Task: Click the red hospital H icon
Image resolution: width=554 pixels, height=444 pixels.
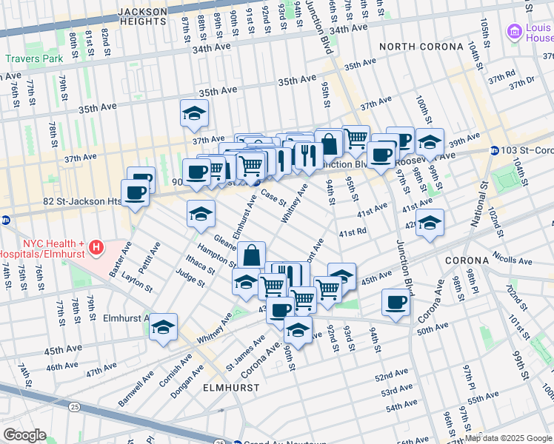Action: click(95, 246)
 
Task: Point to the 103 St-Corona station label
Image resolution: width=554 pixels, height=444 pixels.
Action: click(527, 150)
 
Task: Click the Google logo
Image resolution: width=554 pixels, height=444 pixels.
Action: click(24, 435)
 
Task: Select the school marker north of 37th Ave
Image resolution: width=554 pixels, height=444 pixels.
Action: click(194, 113)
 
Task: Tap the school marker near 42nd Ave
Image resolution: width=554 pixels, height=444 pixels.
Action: click(430, 222)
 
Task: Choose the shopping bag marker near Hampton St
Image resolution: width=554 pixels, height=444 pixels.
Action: click(252, 255)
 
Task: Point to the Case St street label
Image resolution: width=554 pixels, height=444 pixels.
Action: click(273, 199)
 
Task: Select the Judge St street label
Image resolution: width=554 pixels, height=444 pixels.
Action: click(190, 277)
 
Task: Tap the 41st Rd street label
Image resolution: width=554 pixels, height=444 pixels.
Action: click(353, 232)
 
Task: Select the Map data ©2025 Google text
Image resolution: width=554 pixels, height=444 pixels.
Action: click(507, 438)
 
